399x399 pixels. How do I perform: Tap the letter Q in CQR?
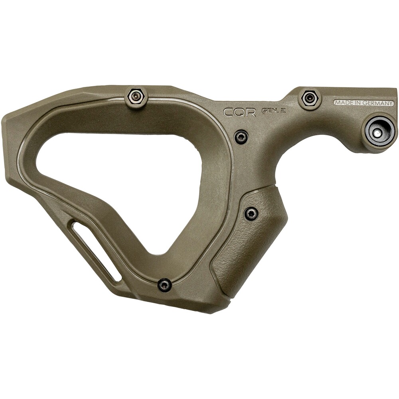pyautogui.click(x=239, y=112)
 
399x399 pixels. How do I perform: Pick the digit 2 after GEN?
pyautogui.click(x=283, y=111)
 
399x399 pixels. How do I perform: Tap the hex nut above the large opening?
pyautogui.click(x=136, y=96)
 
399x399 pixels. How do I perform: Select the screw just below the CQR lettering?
pyautogui.click(x=241, y=137)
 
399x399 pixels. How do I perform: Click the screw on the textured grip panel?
pyautogui.click(x=251, y=214)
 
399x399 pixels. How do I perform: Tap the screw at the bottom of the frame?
pyautogui.click(x=164, y=285)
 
